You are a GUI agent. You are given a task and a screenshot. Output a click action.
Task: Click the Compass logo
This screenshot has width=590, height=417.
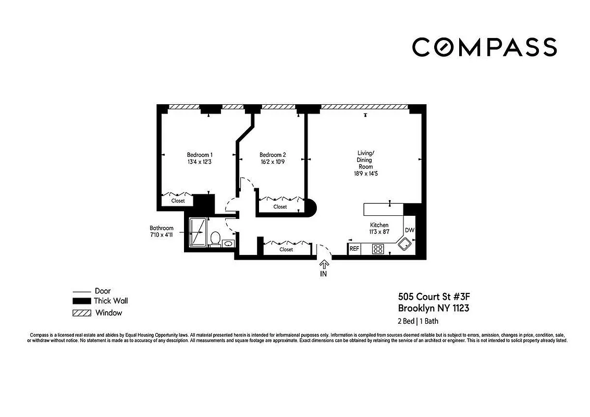pos(484,47)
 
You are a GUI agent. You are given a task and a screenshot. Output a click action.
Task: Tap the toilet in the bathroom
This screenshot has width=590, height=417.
pos(215,239)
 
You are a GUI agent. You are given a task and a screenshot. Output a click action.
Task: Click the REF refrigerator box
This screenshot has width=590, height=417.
pos(354,249)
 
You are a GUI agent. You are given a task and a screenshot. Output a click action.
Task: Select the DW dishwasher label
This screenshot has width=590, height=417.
pos(409,230)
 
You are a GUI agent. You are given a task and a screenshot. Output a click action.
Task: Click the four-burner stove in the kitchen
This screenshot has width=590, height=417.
pos(378,249)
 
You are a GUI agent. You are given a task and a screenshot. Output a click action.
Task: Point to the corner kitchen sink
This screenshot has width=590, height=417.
pos(404,243)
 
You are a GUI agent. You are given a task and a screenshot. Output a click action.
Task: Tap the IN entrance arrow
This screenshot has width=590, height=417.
pos(324,266)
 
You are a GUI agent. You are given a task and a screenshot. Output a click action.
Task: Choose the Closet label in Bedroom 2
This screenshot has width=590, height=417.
pos(280,207)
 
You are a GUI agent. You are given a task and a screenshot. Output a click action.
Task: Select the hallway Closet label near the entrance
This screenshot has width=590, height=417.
pos(286,250)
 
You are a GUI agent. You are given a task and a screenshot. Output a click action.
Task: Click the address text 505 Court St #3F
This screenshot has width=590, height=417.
pos(437,297)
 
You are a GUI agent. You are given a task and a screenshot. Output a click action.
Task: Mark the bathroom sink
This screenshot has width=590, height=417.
pos(228,243)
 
